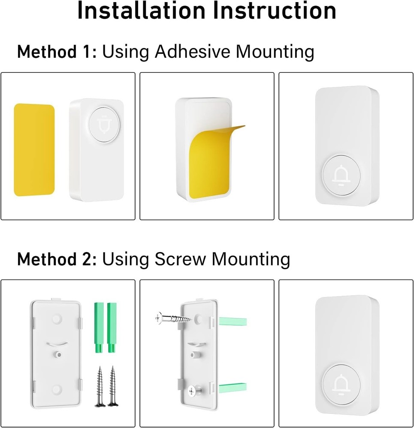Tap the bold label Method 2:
57,260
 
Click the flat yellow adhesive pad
34,150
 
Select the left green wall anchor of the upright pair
97,327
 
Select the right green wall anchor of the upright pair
112,327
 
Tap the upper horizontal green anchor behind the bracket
232,321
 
